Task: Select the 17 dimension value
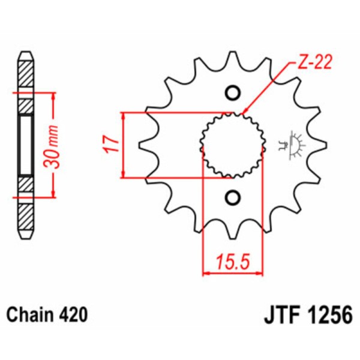108,145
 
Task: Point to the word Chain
30,315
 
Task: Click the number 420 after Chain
74,315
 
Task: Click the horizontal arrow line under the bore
233,274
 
